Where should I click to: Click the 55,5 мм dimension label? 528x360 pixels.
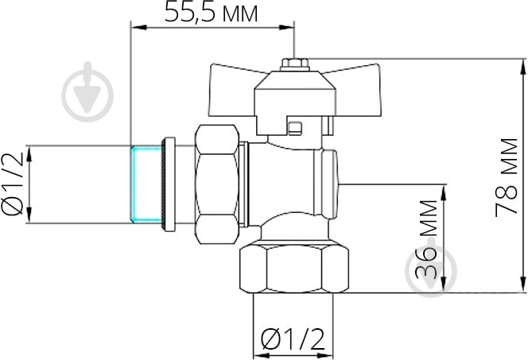coord(212,14)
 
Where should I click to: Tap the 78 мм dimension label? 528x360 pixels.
coord(507,176)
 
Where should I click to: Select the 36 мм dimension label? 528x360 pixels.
coord(426,239)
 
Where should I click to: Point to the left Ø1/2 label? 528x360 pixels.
coord(14,184)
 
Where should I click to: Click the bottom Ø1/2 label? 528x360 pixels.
coord(293,339)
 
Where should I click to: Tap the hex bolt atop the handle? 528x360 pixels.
coord(295,64)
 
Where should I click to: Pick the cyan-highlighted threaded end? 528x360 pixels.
coord(146,184)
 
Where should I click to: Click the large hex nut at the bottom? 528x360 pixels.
coord(294,269)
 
